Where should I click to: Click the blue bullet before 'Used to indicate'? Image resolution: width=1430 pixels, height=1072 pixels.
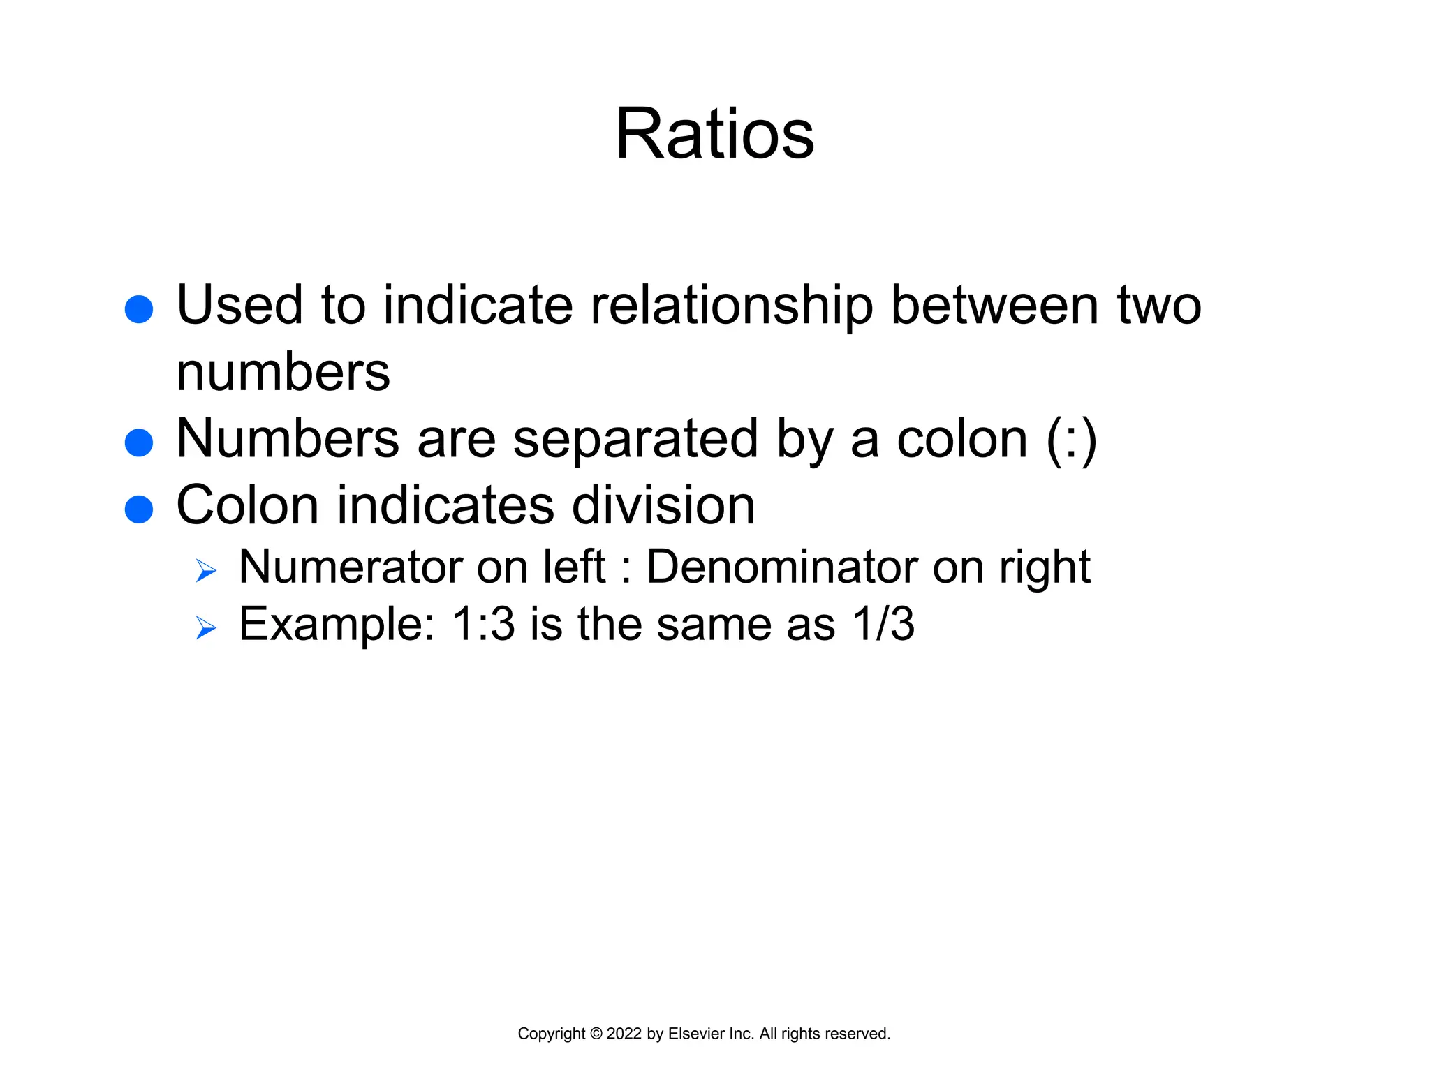click(139, 309)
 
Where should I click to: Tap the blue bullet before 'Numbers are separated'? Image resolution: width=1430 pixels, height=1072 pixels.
click(139, 442)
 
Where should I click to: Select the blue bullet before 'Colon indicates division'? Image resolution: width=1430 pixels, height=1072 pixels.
click(139, 509)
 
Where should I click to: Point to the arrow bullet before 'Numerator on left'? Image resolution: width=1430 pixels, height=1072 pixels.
click(206, 571)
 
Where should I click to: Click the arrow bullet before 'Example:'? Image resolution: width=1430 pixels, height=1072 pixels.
click(206, 628)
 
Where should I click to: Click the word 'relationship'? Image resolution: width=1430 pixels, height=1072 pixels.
click(732, 307)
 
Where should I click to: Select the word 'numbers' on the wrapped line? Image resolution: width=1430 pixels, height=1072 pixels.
click(283, 373)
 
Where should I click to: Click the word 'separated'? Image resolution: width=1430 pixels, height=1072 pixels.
click(635, 440)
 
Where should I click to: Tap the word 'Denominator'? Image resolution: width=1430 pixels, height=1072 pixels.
click(781, 567)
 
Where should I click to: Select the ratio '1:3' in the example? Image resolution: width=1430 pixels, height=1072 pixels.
click(483, 624)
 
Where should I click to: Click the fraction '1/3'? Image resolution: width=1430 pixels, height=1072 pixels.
click(883, 624)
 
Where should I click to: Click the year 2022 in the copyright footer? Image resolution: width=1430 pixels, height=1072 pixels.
click(624, 1034)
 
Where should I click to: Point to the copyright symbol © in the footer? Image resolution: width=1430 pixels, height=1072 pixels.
click(596, 1034)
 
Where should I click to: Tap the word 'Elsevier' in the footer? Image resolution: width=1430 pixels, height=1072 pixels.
click(695, 1034)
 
